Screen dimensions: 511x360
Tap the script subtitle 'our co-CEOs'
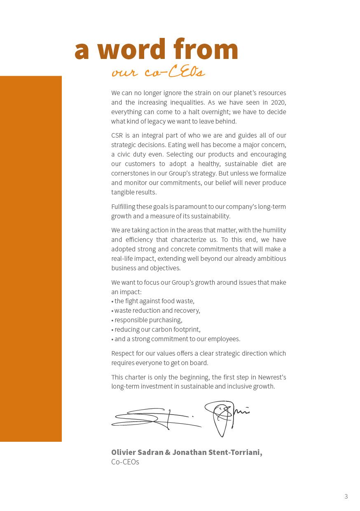coord(158,73)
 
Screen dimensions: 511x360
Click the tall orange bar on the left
coord(31,258)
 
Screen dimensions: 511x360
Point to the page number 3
coord(346,496)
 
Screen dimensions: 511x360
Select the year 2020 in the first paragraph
coord(278,103)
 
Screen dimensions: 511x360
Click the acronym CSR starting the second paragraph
coord(117,136)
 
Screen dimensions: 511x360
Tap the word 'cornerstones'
coord(129,173)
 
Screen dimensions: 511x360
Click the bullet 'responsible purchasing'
coord(148,320)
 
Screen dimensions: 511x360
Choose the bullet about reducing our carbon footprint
coord(157,330)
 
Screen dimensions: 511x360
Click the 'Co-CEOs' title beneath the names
coord(125,462)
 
